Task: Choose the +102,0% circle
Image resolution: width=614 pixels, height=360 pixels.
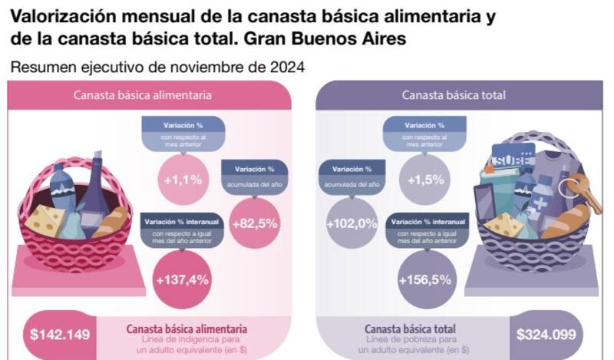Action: click(x=352, y=223)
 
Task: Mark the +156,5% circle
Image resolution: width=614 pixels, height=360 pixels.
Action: click(x=424, y=280)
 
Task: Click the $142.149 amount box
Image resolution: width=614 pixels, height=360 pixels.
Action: click(x=60, y=335)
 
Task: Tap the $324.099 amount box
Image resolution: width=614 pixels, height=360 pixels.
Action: click(x=548, y=335)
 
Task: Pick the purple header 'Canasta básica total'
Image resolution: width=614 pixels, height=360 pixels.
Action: click(x=453, y=95)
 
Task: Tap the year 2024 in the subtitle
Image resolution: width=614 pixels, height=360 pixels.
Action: click(x=286, y=67)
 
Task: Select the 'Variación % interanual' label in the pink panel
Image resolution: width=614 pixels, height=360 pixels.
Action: click(x=182, y=222)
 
